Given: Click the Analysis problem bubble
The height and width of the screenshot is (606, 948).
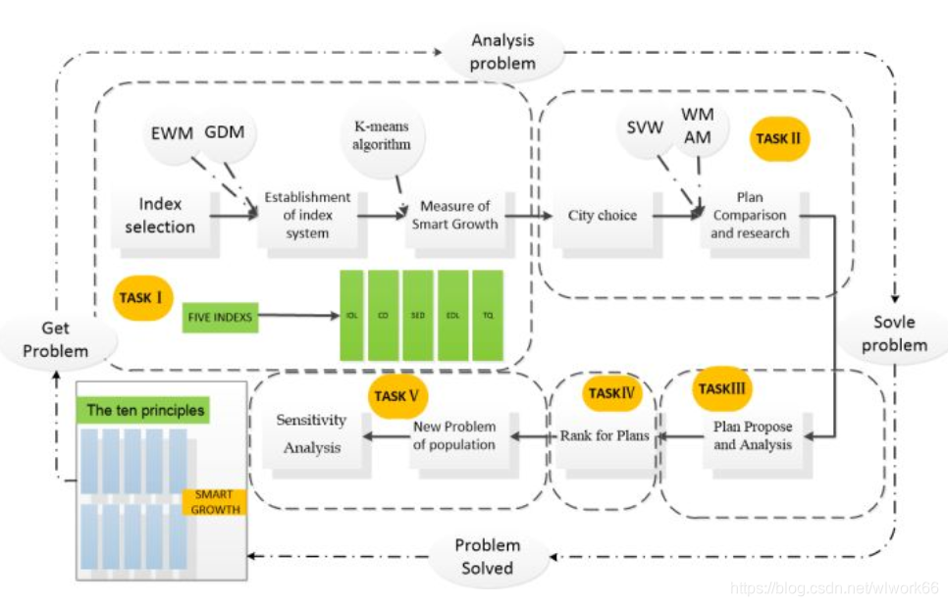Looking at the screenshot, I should pos(503,52).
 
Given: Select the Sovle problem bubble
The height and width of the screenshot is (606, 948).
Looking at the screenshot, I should pos(894,333).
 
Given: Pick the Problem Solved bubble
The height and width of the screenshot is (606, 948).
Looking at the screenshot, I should pos(487,556).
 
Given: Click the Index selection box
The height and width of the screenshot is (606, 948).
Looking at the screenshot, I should pos(160,215).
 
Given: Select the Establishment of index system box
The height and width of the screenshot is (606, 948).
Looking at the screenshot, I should pos(307,215).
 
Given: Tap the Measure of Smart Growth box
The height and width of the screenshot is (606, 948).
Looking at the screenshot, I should pos(454,215).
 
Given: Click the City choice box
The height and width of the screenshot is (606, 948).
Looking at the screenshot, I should pos(603,216).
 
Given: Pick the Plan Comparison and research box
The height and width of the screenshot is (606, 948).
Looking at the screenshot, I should pos(750,216).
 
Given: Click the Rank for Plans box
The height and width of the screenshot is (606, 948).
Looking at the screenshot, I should pos(605,434).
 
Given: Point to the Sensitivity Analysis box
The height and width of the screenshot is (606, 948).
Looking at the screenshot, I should pos(311,433).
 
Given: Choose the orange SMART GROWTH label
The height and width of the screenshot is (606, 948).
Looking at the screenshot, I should pos(213,502).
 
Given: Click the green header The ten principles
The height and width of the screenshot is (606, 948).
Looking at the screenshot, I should pos(145,410).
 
